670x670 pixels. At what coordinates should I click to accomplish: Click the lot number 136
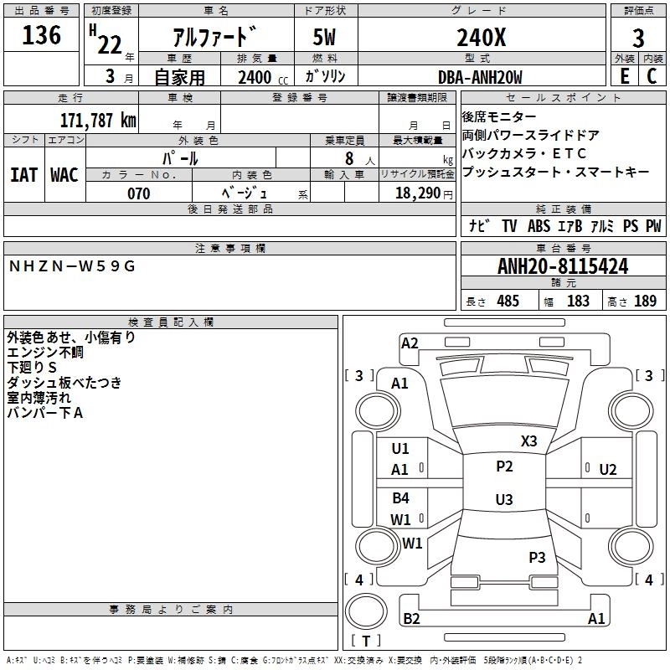coord(42,36)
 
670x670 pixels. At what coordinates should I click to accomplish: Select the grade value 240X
coord(480,38)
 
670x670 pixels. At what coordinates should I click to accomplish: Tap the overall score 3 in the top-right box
coord(638,39)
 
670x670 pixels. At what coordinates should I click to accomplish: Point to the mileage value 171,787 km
coord(98,120)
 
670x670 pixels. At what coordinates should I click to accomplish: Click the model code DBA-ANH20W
coord(480,77)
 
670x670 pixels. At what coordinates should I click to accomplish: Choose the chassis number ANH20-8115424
coord(563,267)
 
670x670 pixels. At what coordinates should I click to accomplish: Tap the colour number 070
coord(138,193)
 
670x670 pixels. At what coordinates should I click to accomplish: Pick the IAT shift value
coord(23,175)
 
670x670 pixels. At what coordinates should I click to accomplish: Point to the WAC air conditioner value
coord(64,175)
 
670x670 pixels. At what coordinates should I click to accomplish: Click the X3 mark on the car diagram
coord(528,441)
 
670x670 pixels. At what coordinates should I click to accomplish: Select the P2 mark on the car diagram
coord(504,466)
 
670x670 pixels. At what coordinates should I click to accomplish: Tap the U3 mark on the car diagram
coord(503,500)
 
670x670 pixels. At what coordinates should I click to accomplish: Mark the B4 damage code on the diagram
coord(400,498)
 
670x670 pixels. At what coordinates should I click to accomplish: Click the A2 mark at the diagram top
coord(410,343)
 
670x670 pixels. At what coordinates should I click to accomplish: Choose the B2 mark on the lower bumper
coord(411,618)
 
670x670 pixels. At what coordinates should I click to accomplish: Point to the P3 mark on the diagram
coord(537,557)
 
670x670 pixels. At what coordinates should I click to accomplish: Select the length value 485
coord(508,301)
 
